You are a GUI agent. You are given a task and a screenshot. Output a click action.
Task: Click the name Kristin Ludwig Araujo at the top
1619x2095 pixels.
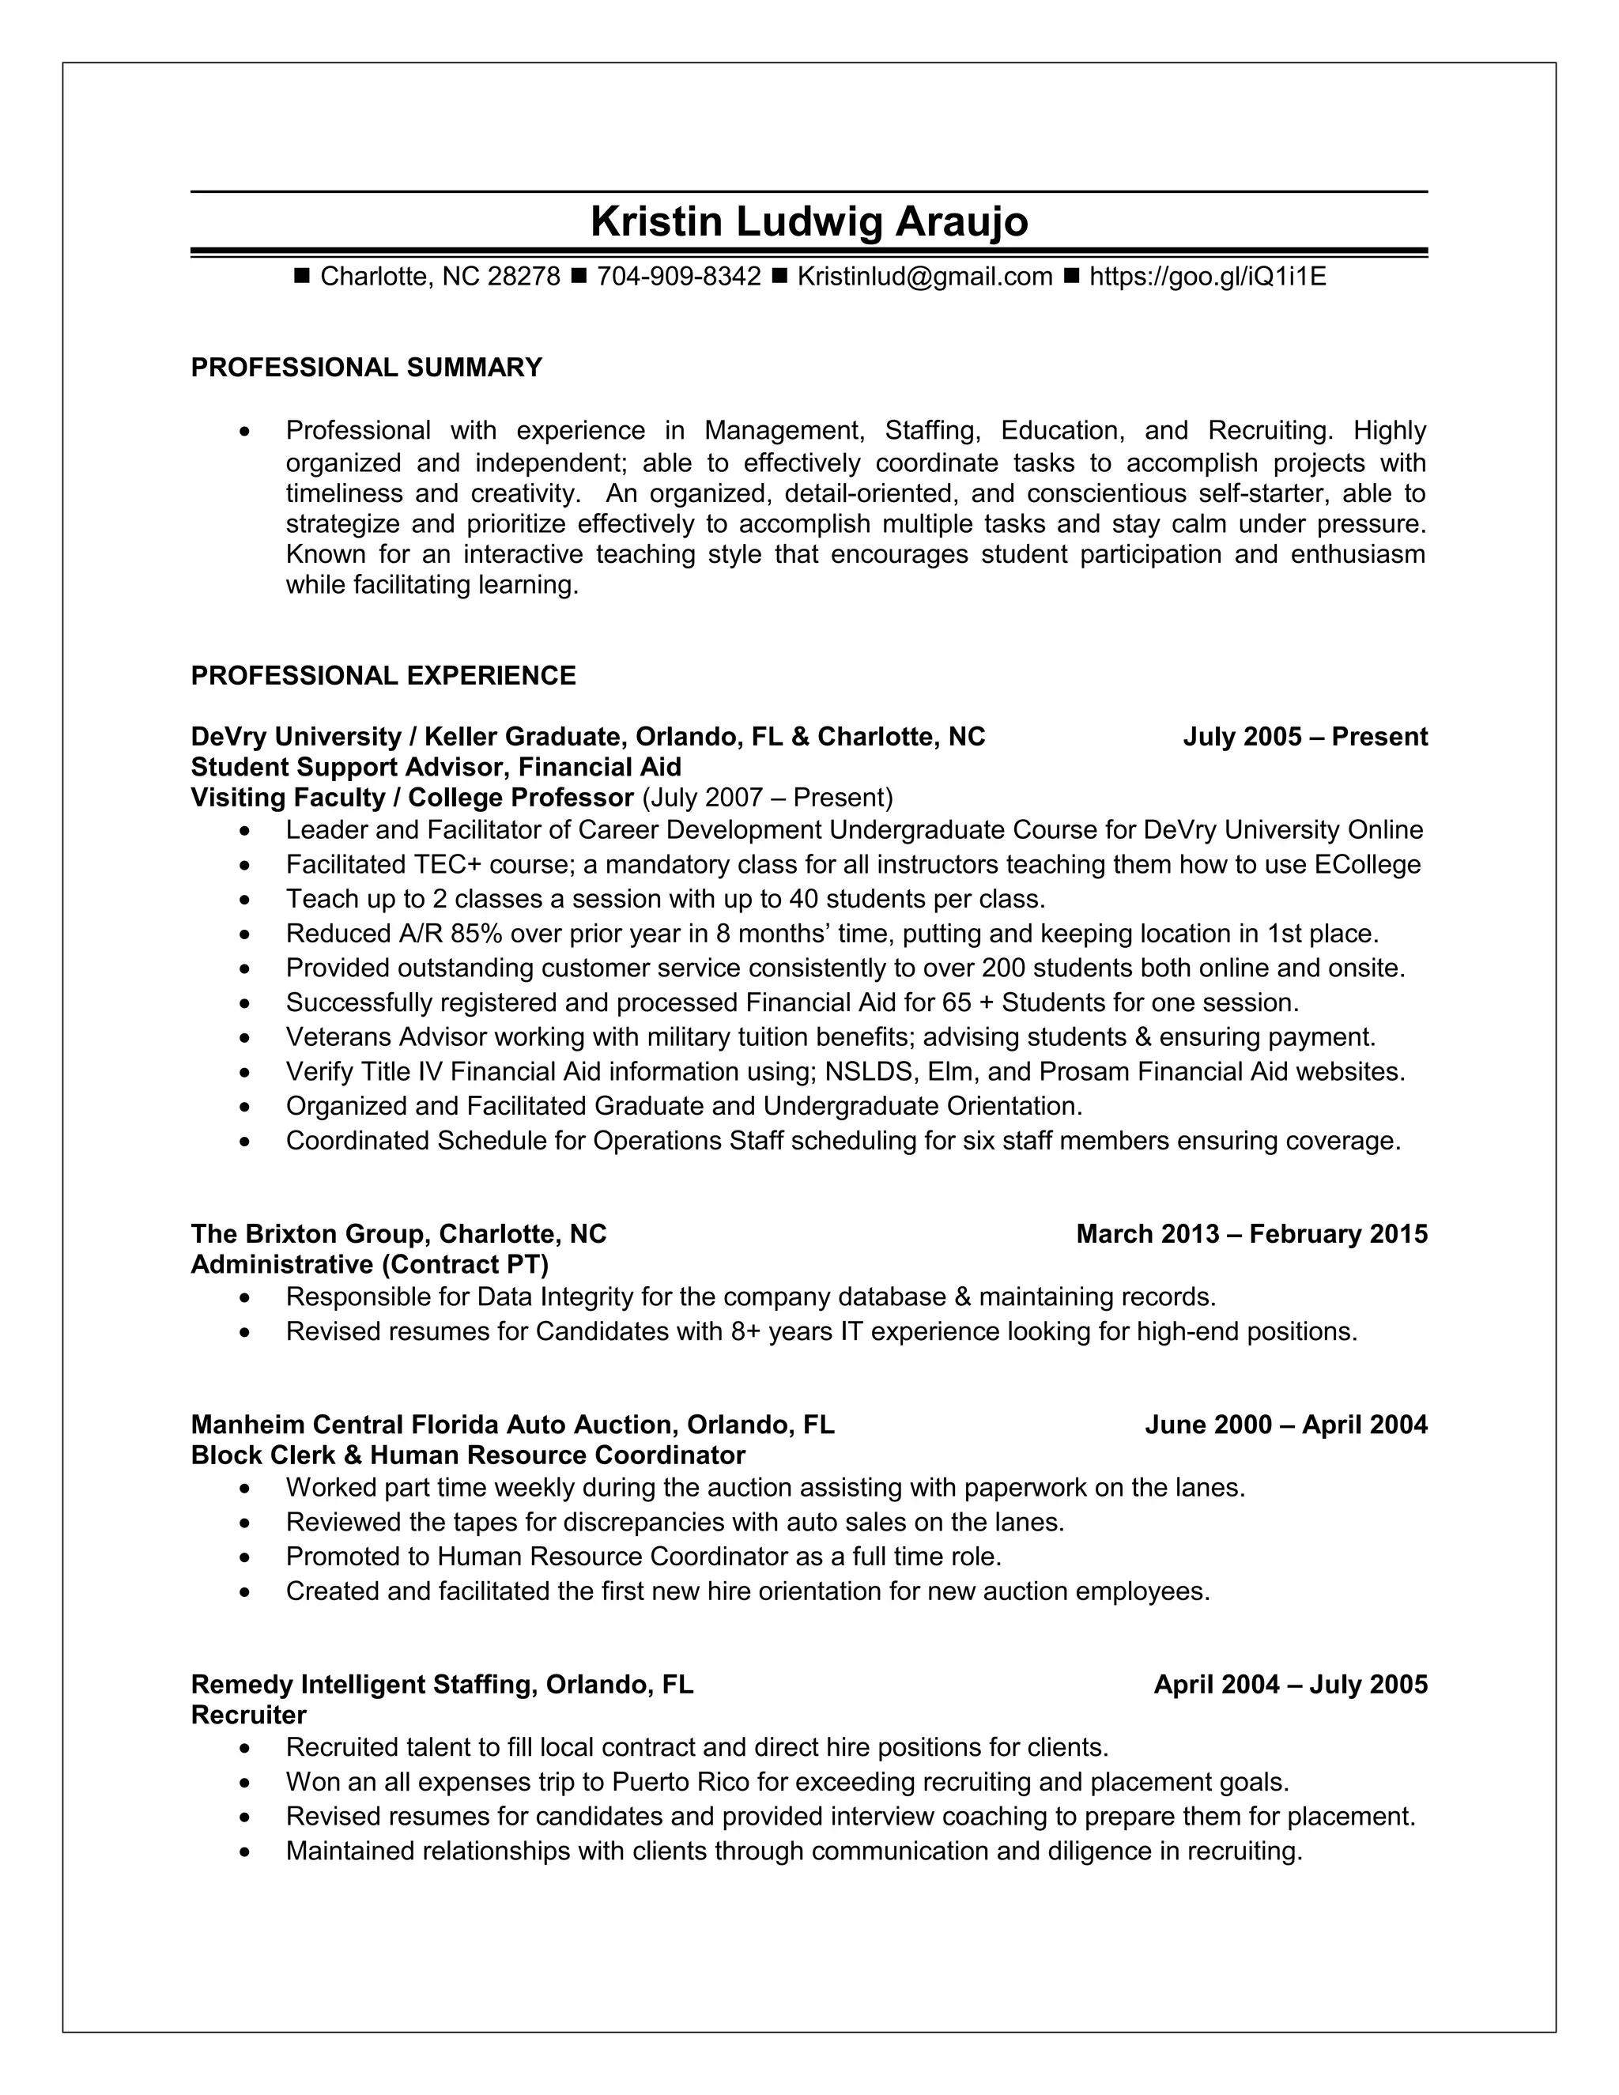(809, 221)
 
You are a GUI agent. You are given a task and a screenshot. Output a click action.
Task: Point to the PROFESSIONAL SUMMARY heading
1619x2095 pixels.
(366, 368)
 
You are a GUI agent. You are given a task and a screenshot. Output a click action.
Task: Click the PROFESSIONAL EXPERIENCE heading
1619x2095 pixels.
(383, 675)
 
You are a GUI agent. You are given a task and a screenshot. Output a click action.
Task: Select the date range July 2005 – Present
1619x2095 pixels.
(1304, 737)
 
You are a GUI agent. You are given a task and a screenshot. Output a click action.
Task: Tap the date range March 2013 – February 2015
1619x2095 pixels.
(1251, 1233)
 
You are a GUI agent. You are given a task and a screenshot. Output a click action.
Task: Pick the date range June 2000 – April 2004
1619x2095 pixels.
(1285, 1425)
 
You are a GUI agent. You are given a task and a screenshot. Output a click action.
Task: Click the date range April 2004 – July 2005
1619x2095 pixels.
(1290, 1685)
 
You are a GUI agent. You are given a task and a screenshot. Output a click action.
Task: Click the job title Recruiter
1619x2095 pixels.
(248, 1716)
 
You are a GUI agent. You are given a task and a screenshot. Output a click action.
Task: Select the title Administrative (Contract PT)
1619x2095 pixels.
(369, 1264)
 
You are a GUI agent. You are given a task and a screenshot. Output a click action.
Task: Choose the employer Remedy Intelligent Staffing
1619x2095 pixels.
(361, 1685)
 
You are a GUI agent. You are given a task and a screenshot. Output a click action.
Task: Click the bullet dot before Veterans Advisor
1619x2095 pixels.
(247, 1039)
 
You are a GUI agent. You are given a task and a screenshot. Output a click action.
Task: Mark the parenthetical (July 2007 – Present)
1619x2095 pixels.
(768, 798)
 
